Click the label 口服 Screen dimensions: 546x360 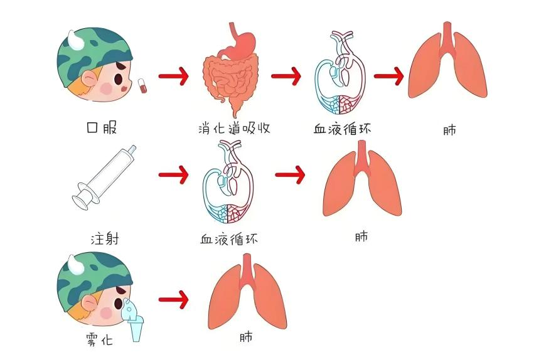(x=101, y=127)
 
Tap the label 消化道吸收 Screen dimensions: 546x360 (x=234, y=129)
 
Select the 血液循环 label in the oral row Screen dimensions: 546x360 (x=342, y=129)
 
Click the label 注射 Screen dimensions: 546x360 (x=104, y=239)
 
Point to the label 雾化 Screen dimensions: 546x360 (x=99, y=339)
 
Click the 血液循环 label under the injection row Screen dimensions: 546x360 (x=229, y=239)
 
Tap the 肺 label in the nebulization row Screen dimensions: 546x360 (x=246, y=337)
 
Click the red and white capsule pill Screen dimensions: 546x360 (x=142, y=85)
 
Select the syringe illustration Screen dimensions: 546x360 (x=104, y=177)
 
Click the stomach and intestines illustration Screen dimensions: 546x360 (x=230, y=70)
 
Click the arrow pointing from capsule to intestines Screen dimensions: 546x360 (x=173, y=76)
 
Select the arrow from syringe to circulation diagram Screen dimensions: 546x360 (x=173, y=174)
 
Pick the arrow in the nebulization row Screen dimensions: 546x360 (x=173, y=300)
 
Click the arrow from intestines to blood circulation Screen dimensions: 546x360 (x=286, y=76)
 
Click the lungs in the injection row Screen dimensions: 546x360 (x=362, y=179)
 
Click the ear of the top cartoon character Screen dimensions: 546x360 (x=89, y=78)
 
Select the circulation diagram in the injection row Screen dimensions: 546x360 (x=228, y=181)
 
